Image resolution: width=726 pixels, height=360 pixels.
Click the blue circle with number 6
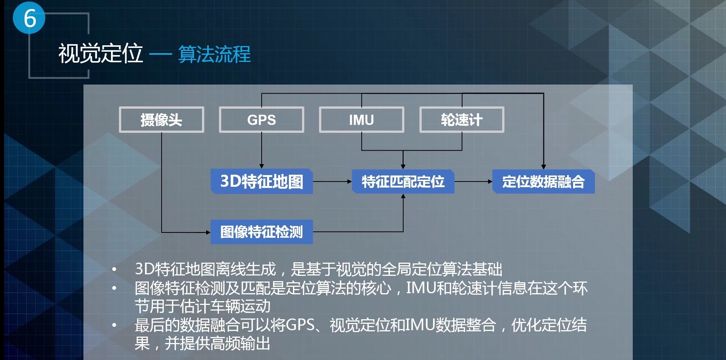tap(29, 18)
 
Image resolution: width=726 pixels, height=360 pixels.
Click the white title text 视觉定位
tap(100, 54)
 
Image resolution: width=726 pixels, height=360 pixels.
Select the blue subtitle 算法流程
tap(214, 54)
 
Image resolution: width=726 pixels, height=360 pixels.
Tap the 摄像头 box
tap(162, 120)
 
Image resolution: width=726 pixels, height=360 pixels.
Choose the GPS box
tap(261, 120)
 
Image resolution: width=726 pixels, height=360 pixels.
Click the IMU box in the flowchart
tap(361, 120)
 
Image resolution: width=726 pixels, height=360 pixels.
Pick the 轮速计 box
tap(461, 120)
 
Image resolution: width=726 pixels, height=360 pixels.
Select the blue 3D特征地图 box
tap(262, 182)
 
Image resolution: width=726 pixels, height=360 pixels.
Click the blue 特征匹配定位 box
tap(403, 182)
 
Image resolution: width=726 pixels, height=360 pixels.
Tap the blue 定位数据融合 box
tap(543, 182)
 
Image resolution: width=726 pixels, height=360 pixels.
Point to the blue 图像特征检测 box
tap(262, 232)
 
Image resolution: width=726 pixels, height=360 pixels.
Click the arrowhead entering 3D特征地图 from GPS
tap(262, 166)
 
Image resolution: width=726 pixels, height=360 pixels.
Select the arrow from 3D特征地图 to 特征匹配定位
tap(332, 182)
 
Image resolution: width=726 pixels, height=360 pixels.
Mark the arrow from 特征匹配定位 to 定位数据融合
tap(473, 182)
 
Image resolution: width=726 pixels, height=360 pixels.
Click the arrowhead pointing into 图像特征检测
tap(208, 232)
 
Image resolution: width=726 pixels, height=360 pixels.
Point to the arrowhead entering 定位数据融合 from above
tap(543, 167)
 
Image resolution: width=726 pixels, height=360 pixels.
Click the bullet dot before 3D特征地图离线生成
tap(114, 269)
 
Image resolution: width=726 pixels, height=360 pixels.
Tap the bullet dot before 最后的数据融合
tap(114, 325)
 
